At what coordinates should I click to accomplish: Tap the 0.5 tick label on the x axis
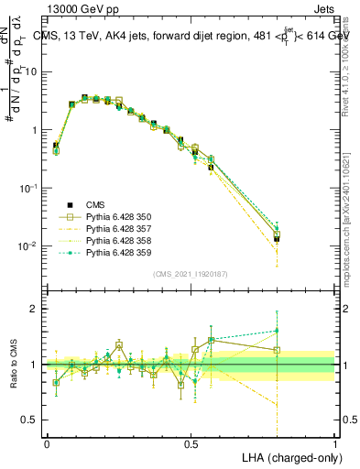point(191,443)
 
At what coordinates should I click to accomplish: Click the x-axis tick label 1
point(335,443)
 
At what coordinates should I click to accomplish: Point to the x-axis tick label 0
point(47,443)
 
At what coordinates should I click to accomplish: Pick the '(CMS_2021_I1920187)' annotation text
point(191,275)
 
